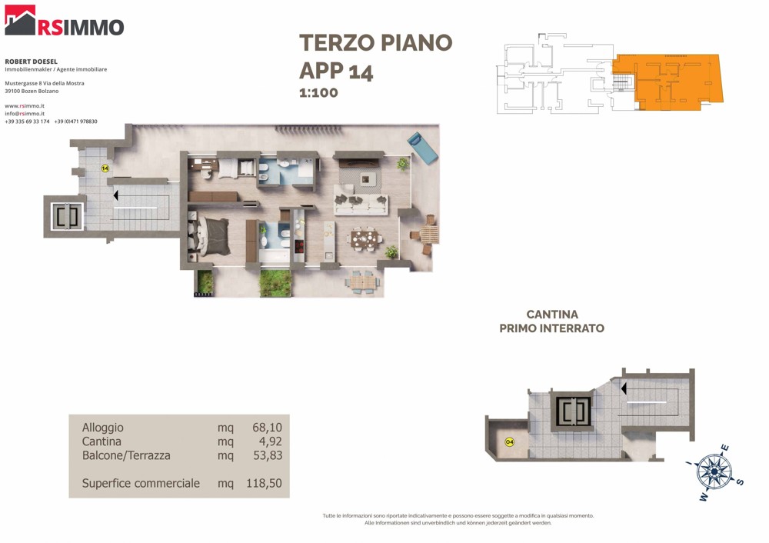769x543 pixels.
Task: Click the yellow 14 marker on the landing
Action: point(105,168)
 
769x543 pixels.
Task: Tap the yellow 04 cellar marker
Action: point(510,442)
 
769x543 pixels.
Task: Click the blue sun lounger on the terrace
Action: point(422,148)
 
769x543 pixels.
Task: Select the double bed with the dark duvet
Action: point(209,236)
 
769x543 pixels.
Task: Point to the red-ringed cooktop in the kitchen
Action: point(298,245)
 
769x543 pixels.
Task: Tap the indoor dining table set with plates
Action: point(365,239)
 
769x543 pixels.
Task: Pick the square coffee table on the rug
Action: point(366,179)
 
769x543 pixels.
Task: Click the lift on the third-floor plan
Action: point(67,216)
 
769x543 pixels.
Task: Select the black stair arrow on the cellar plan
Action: point(624,388)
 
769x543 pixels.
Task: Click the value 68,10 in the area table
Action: point(268,427)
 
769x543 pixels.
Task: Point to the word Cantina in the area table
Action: point(102,441)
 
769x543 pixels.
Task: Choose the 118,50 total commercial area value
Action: point(264,483)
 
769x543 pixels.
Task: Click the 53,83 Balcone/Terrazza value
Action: point(268,455)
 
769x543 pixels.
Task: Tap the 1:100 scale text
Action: point(319,93)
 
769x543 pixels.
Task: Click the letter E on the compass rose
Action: point(724,448)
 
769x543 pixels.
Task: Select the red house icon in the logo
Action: point(20,20)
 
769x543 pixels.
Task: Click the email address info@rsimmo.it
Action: point(25,113)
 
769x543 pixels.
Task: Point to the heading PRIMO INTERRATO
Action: point(551,328)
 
